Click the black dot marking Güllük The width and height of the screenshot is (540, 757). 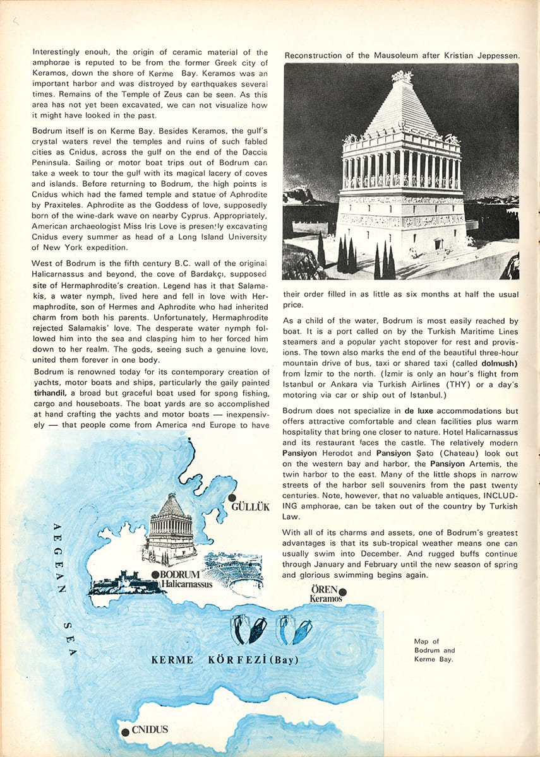click(x=232, y=498)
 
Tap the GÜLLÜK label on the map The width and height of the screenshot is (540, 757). click(x=251, y=507)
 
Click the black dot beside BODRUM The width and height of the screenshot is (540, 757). click(x=155, y=575)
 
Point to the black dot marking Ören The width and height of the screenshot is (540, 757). click(x=343, y=592)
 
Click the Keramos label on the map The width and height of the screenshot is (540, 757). click(x=326, y=598)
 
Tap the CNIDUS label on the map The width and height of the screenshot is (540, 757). click(x=150, y=730)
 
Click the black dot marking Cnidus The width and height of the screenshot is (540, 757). click(x=125, y=731)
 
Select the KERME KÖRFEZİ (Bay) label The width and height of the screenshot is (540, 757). click(x=224, y=660)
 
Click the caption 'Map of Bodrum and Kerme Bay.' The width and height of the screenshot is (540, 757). click(x=434, y=650)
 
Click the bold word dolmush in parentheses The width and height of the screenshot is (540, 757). click(x=496, y=363)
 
